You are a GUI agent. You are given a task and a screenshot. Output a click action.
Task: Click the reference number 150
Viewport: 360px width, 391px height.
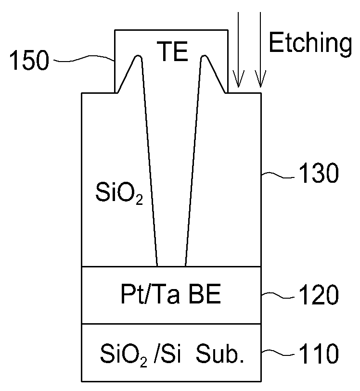point(29,60)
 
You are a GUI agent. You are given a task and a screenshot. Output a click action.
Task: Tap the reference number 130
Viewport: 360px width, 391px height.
point(319,173)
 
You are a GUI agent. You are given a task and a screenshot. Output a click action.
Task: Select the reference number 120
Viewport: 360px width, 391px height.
point(319,294)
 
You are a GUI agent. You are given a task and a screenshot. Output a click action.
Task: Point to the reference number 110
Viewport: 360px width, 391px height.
point(319,353)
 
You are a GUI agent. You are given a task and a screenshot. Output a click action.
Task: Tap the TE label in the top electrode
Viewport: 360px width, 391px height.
point(172,51)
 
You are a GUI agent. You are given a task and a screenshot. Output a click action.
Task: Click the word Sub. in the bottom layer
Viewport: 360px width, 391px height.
point(220,353)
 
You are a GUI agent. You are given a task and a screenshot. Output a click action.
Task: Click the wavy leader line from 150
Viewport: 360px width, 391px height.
point(84,58)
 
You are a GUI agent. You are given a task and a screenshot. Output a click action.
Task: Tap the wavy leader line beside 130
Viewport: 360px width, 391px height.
point(278,175)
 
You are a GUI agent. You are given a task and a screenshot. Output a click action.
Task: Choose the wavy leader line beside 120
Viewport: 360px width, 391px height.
point(278,295)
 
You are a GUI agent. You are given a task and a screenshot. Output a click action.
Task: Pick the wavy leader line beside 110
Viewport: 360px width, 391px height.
point(278,353)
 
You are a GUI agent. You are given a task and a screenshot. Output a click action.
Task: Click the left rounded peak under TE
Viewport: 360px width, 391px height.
point(138,57)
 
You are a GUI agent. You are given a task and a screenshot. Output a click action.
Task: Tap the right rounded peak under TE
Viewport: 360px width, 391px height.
point(205,57)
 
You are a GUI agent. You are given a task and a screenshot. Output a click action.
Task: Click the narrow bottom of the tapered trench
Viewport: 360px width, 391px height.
point(171,266)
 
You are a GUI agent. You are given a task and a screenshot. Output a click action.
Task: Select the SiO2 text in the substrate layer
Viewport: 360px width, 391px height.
point(124,354)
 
